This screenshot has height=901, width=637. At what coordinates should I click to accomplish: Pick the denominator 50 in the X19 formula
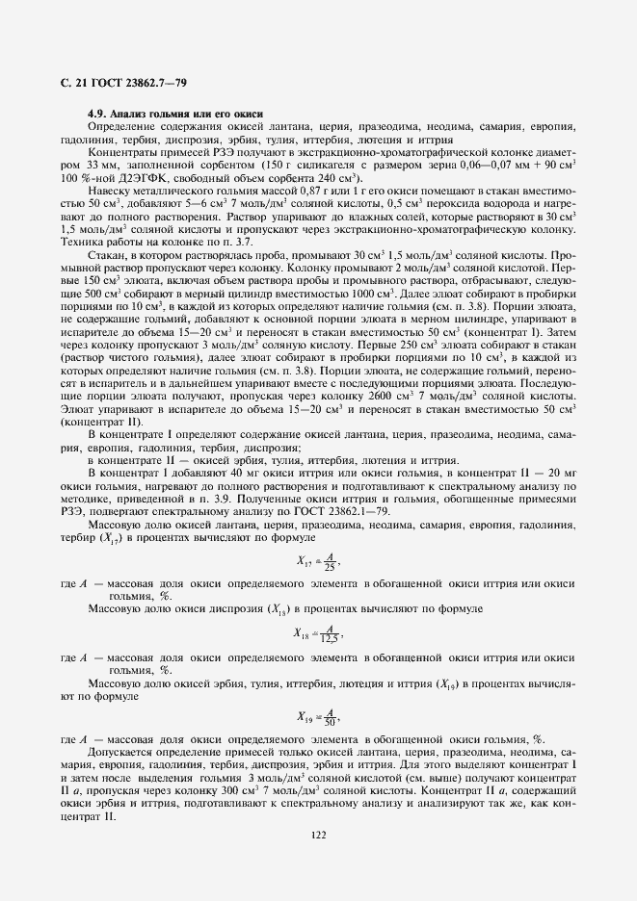coord(330,721)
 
